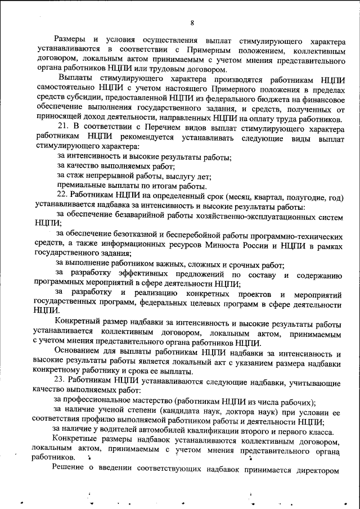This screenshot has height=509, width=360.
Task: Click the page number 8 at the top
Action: tap(192, 22)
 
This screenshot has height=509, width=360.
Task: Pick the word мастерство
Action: tap(147, 402)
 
